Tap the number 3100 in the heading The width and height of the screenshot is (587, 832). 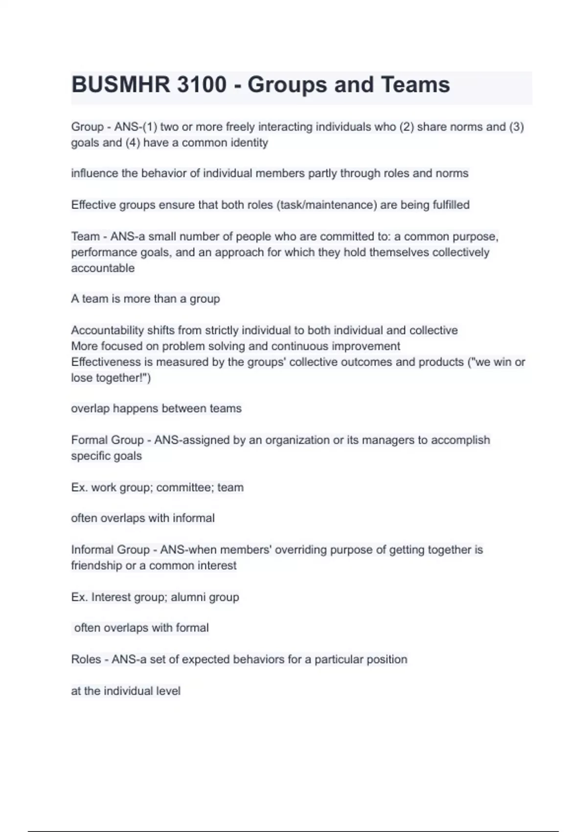202,85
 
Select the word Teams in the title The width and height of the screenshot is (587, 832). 415,85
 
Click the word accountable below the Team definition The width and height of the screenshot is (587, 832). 103,268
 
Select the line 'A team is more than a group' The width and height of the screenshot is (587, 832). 145,299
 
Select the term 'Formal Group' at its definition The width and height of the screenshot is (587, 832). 107,440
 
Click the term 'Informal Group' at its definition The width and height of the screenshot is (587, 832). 110,550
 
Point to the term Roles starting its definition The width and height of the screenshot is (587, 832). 86,660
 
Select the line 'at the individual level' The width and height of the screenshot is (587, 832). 126,691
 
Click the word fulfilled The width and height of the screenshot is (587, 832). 451,205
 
